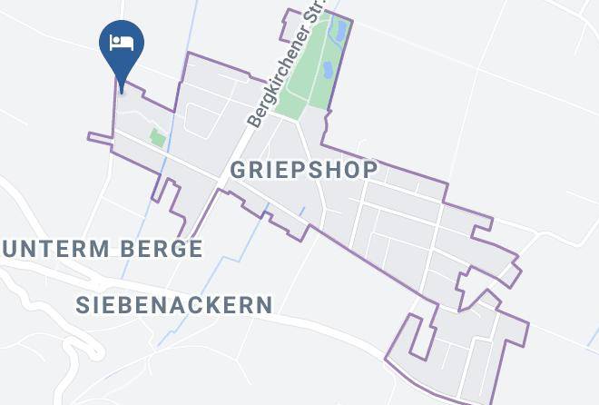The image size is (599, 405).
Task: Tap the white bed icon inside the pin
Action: click(121, 43)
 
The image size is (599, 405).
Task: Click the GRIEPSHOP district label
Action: click(303, 170)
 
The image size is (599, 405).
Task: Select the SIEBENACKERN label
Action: click(174, 304)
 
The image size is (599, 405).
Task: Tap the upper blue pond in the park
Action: click(339, 30)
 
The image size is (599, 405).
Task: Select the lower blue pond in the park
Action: click(327, 70)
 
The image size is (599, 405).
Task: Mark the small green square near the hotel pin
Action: click(158, 138)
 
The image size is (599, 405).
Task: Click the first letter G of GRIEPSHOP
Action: click(239, 170)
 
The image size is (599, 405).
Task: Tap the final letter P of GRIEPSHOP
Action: click(368, 170)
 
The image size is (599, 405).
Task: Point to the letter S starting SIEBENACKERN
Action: click(83, 304)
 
